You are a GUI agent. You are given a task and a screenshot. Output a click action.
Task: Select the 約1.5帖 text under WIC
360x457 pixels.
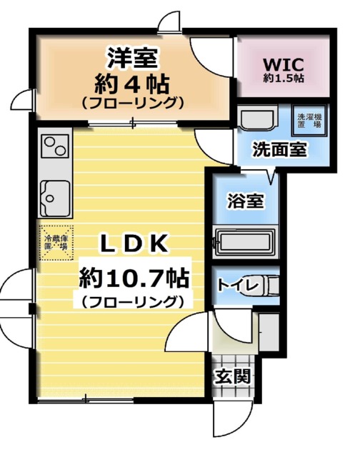[x=284, y=78]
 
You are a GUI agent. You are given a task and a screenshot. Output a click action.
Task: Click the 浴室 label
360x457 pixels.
[x=244, y=202]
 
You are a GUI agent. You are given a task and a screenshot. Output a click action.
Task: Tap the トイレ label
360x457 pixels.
[x=236, y=285]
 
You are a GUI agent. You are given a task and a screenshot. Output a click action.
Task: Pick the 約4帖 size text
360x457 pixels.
[x=133, y=84]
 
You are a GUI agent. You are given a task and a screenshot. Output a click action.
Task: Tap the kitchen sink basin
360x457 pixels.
[x=56, y=195]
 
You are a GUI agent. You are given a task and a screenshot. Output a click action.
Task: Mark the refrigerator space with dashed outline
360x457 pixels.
[x=55, y=243]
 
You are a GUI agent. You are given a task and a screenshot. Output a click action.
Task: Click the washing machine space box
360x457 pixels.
[x=309, y=119]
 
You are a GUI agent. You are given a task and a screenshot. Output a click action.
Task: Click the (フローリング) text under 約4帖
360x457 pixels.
[x=133, y=104]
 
